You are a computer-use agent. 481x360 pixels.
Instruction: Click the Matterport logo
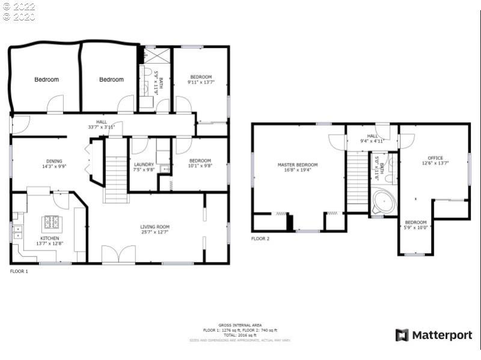434,335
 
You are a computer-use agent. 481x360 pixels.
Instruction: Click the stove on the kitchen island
51,223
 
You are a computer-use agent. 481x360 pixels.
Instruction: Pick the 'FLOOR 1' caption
19,271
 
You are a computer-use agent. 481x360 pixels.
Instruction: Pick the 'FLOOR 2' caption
260,239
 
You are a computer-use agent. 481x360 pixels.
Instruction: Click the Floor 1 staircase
115,171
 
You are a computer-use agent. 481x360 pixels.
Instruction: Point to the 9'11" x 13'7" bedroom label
201,79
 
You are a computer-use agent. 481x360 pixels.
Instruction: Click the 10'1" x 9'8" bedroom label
200,163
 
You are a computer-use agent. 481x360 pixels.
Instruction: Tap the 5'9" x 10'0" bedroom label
415,225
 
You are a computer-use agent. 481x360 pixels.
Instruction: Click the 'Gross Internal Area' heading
240,325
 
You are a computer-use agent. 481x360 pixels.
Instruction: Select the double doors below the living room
118,254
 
